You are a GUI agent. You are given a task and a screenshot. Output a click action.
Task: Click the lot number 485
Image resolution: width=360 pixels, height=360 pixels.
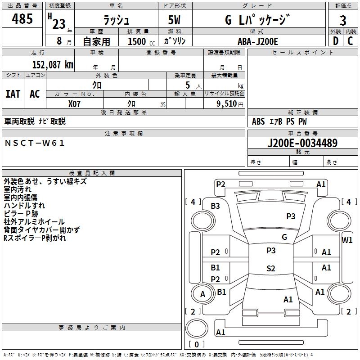(x=22, y=19)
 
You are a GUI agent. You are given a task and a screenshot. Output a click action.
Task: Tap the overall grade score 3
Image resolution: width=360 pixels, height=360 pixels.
(x=343, y=20)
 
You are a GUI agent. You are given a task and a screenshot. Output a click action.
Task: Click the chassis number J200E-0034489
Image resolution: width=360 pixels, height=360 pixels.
(x=302, y=144)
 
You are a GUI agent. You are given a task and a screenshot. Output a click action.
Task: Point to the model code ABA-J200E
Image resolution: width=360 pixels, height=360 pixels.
(x=258, y=41)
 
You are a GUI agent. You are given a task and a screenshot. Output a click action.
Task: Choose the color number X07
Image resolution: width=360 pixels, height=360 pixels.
(x=75, y=103)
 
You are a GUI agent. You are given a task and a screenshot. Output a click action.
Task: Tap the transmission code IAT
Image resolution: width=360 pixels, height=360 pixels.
(x=13, y=94)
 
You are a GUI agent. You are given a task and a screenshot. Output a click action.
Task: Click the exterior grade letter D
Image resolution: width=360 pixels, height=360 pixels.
(x=335, y=41)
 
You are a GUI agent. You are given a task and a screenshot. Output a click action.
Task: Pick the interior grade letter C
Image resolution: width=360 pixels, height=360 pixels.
(x=350, y=41)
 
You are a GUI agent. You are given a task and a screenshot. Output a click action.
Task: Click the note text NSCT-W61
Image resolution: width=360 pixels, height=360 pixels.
(x=35, y=143)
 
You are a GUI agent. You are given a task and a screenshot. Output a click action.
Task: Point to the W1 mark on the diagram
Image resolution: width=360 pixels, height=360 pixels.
(x=347, y=240)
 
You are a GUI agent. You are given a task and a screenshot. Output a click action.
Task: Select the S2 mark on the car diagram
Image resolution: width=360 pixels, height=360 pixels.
(x=270, y=269)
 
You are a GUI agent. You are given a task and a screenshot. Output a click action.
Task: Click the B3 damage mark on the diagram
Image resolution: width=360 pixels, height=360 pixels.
(x=216, y=206)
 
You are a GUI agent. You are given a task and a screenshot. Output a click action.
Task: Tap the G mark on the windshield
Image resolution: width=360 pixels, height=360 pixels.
(x=284, y=237)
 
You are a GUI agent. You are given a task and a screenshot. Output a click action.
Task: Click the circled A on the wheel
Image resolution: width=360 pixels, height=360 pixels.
(x=202, y=294)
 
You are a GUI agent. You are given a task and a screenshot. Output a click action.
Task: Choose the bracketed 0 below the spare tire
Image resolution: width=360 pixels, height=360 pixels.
(x=196, y=345)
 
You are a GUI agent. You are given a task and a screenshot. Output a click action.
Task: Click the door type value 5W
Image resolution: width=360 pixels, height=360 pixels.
(x=175, y=20)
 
